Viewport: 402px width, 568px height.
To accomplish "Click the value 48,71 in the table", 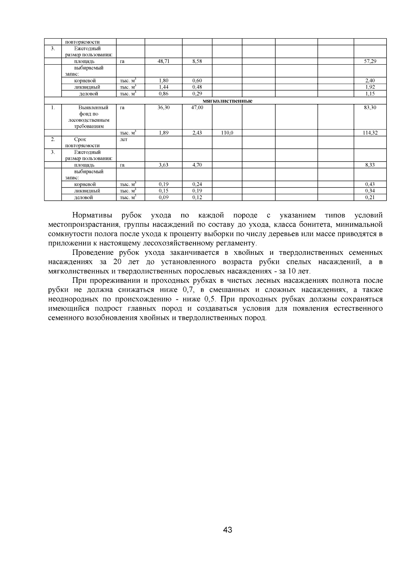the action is click(163, 61).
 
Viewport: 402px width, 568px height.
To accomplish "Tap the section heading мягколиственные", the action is click(227, 101).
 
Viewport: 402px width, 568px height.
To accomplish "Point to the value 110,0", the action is click(227, 133).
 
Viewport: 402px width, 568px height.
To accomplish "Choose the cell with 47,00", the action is click(197, 108).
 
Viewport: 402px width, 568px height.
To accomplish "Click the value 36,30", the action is click(163, 108).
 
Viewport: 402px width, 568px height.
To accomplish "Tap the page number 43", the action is click(227, 530).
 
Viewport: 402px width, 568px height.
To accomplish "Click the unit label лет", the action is click(124, 139).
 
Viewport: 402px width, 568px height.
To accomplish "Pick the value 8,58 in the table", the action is click(197, 61).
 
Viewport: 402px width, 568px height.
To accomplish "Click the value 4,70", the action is click(197, 165).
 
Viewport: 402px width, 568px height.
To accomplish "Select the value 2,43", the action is click(197, 133).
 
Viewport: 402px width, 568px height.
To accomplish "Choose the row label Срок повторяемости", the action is click(82, 143).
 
